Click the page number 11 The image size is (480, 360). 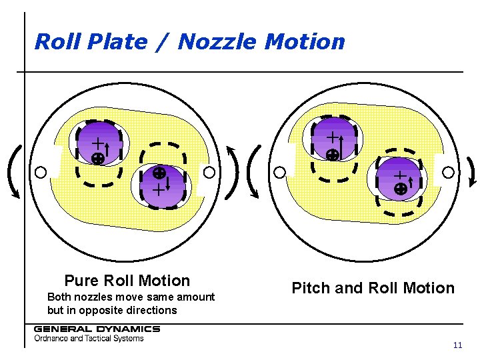457,345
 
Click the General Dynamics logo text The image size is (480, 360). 97,329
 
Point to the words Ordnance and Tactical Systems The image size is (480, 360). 89,338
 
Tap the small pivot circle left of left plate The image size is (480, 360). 41,173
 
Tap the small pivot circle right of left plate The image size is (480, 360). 209,173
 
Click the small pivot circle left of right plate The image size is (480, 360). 281,172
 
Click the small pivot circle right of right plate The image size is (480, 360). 448,172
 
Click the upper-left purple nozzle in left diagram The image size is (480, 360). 99,142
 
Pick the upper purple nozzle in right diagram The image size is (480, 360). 333,139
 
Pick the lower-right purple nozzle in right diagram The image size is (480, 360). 399,178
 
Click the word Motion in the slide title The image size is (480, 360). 305,42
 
